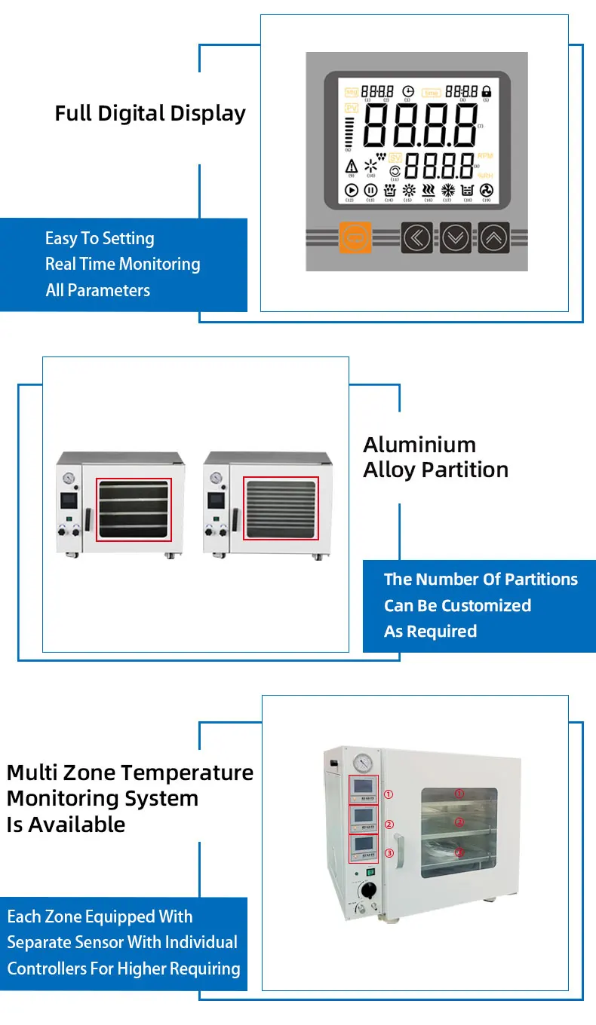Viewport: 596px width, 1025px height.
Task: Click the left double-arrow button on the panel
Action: point(416,237)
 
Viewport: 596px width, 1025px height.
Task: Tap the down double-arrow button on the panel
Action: point(455,237)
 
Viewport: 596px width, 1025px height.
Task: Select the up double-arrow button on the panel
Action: point(493,237)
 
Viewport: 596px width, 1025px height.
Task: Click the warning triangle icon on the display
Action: point(351,166)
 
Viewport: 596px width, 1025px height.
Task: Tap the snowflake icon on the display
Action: point(447,191)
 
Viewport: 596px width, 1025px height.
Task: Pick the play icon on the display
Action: point(351,191)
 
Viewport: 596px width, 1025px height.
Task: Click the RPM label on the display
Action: point(484,155)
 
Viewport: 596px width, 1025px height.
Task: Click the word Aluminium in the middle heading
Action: point(419,444)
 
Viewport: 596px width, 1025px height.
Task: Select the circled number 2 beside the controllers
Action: point(389,825)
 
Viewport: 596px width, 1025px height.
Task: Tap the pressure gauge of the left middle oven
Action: point(69,478)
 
